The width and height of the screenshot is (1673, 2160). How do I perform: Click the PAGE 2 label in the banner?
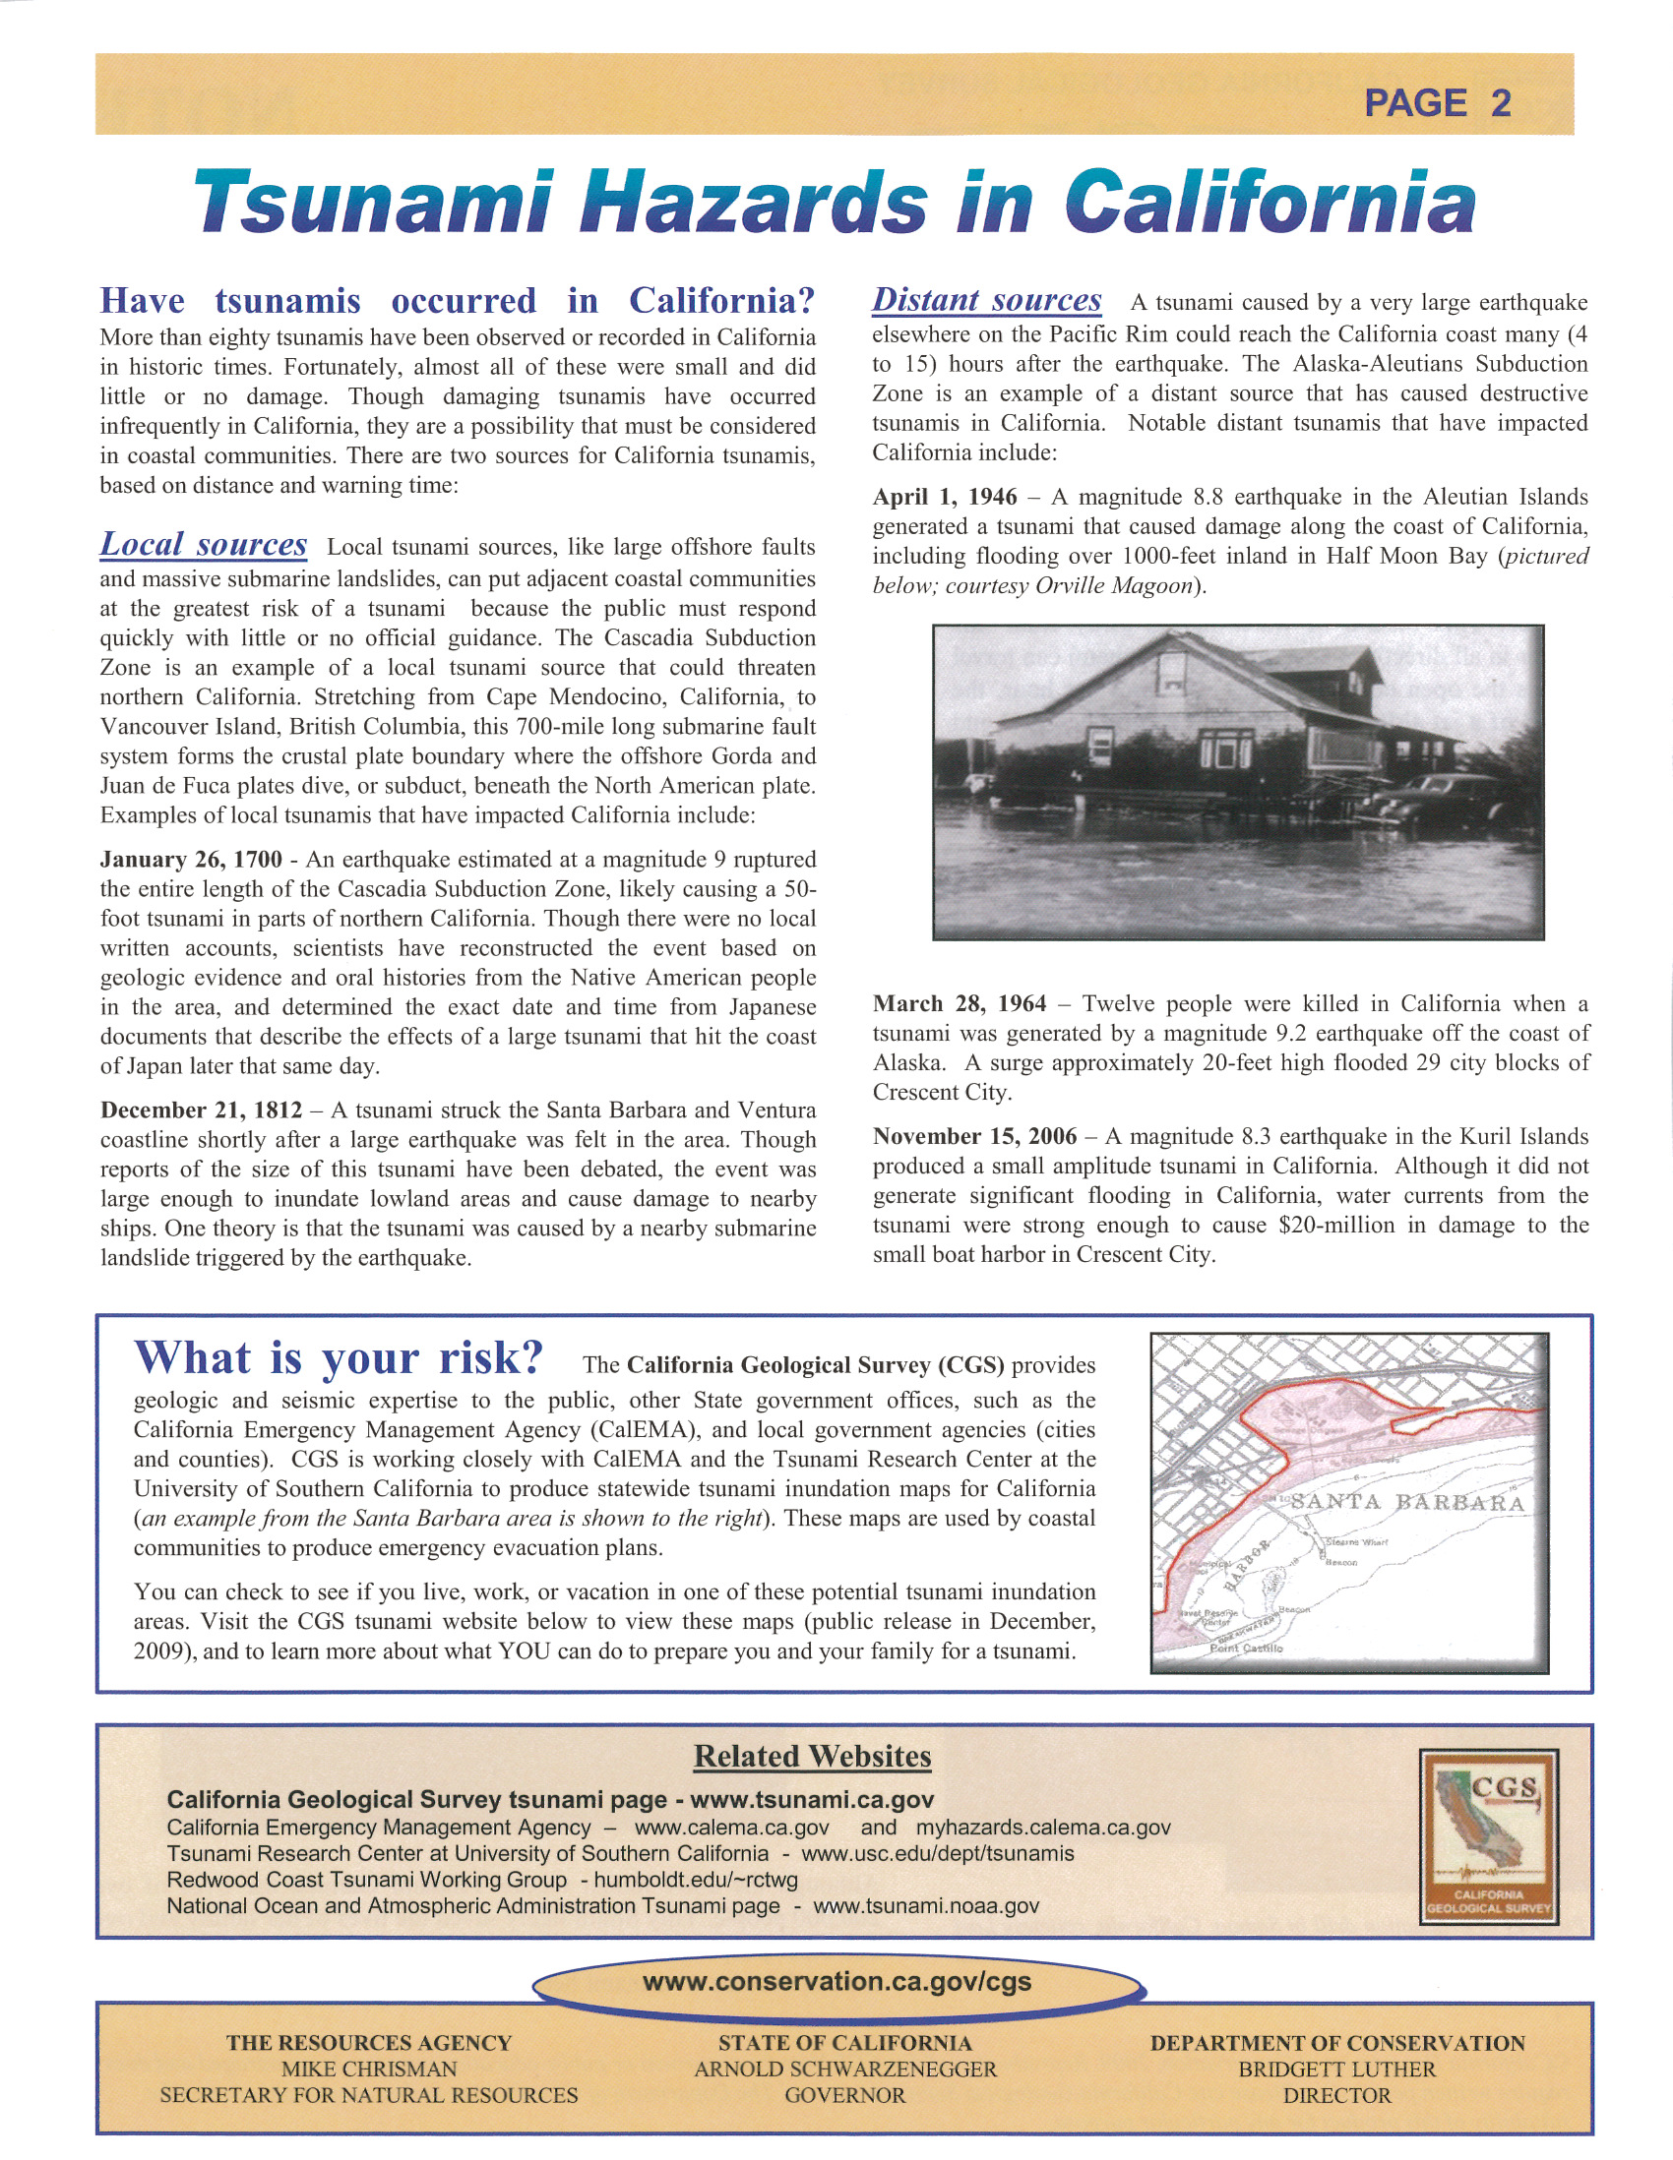coord(1437,103)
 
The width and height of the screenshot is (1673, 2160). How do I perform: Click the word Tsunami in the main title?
coord(372,202)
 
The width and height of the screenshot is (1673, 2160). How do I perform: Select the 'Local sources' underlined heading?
coord(203,545)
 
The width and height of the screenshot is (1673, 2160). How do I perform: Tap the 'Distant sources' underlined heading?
coord(986,300)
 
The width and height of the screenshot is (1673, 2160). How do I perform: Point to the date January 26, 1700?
coord(191,860)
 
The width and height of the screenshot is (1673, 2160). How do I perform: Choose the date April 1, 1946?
coord(944,497)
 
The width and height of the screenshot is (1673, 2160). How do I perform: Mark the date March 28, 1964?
coord(959,1004)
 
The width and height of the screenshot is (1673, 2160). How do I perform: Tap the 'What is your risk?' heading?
coord(339,1359)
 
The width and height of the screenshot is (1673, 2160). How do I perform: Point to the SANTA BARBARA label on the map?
coord(1408,1502)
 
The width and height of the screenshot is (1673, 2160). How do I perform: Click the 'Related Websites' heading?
coord(812,1757)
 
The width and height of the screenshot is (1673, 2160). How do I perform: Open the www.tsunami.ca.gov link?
coord(811,1800)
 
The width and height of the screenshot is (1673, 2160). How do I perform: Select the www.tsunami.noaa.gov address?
coord(926,1906)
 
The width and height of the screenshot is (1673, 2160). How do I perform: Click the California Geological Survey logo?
coord(1488,1836)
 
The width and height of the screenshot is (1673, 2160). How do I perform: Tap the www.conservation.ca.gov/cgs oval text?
coord(837,1982)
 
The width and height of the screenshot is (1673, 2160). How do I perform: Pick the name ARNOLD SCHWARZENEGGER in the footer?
coord(845,2069)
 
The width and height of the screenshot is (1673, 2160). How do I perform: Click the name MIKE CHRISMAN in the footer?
coord(368,2069)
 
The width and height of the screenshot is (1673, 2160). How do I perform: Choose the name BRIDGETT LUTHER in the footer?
coord(1336,2069)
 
